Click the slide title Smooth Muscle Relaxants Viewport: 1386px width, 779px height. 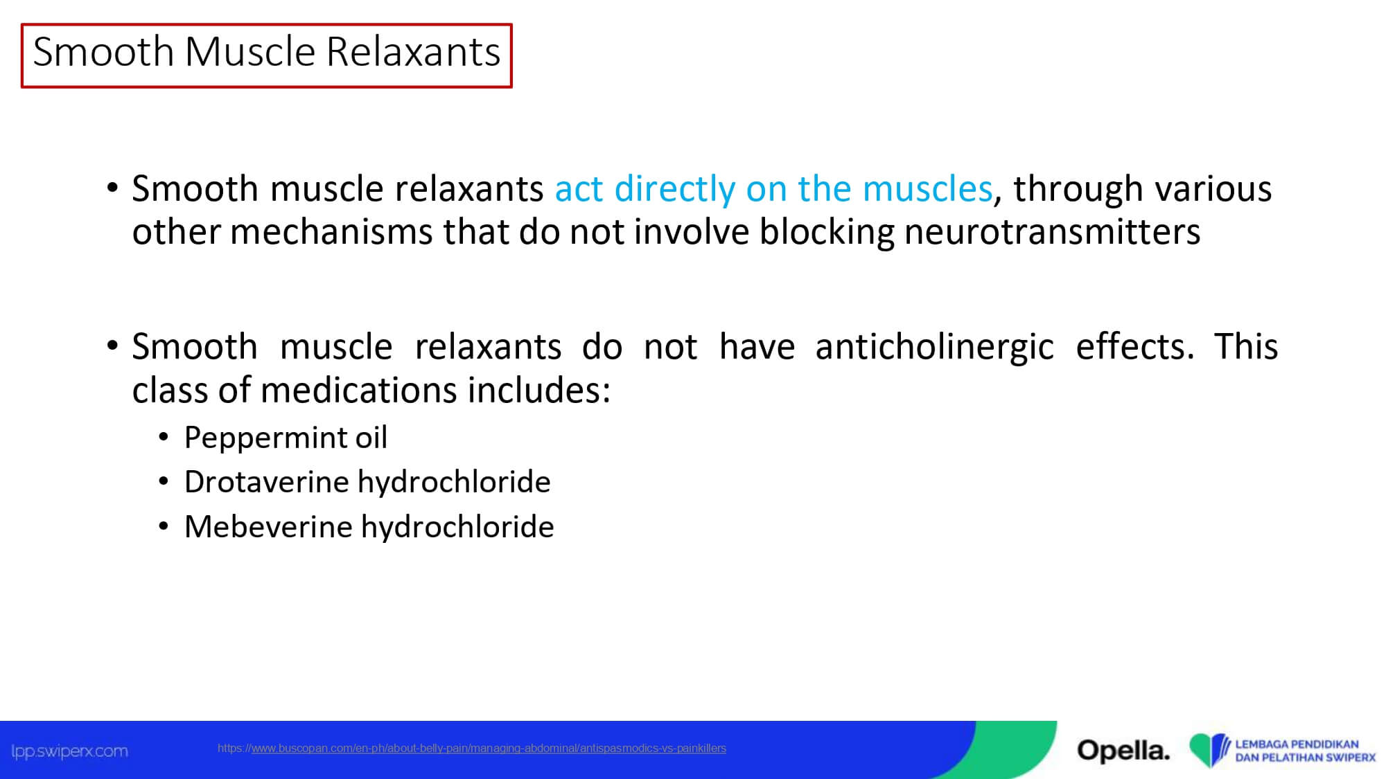[x=267, y=52]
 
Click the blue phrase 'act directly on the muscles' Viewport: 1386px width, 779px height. [x=774, y=188]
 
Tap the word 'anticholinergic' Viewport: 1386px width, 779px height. [x=934, y=347]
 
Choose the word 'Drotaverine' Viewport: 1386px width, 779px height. [x=266, y=481]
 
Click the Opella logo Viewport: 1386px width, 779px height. [x=1123, y=750]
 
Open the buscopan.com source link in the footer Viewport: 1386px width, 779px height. [x=472, y=748]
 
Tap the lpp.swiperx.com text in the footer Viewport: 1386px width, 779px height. [x=70, y=751]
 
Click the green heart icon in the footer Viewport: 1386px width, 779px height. [x=1210, y=750]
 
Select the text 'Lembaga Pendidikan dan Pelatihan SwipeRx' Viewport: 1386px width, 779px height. [x=1305, y=751]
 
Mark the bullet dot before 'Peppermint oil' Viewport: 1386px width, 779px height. [x=164, y=437]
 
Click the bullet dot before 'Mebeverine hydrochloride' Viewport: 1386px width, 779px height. [x=164, y=527]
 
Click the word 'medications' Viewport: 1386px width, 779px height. [x=358, y=390]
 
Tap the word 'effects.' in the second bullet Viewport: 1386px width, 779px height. [x=1134, y=346]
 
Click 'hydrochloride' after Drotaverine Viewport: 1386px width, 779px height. [x=455, y=481]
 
